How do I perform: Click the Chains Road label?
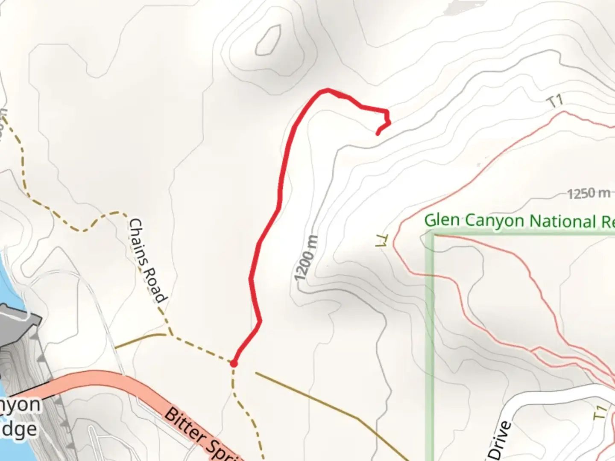coord(146,260)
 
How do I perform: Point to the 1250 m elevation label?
coord(589,194)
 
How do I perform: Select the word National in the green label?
coord(563,221)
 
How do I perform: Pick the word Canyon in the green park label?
coord(494,221)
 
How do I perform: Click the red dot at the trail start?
coord(234,363)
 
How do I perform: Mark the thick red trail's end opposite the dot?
coord(378,134)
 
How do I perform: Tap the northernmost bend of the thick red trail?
coord(327,90)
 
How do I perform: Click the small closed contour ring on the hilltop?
coord(268,40)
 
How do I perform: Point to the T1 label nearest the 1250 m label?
coord(556,102)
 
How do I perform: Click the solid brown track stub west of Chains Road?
coord(139,340)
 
